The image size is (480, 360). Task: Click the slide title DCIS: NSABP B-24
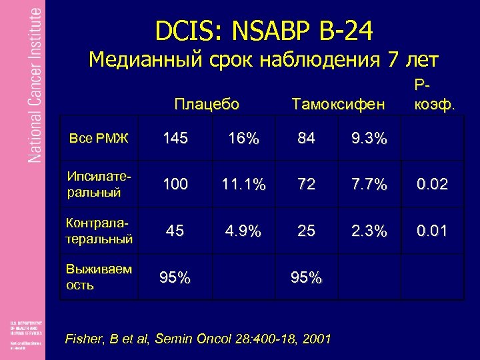click(264, 29)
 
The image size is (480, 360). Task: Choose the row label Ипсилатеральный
click(99, 184)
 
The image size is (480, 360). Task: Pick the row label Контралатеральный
click(99, 231)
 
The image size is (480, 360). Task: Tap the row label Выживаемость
click(99, 277)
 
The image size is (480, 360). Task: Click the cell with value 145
click(175, 139)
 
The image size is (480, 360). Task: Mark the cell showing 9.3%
click(370, 139)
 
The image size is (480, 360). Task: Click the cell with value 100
click(175, 185)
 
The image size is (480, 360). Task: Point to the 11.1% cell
click(243, 185)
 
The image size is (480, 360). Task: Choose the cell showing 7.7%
click(370, 185)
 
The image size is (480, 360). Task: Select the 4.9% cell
click(243, 231)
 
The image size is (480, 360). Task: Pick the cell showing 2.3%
click(370, 231)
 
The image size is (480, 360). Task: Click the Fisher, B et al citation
click(198, 339)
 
